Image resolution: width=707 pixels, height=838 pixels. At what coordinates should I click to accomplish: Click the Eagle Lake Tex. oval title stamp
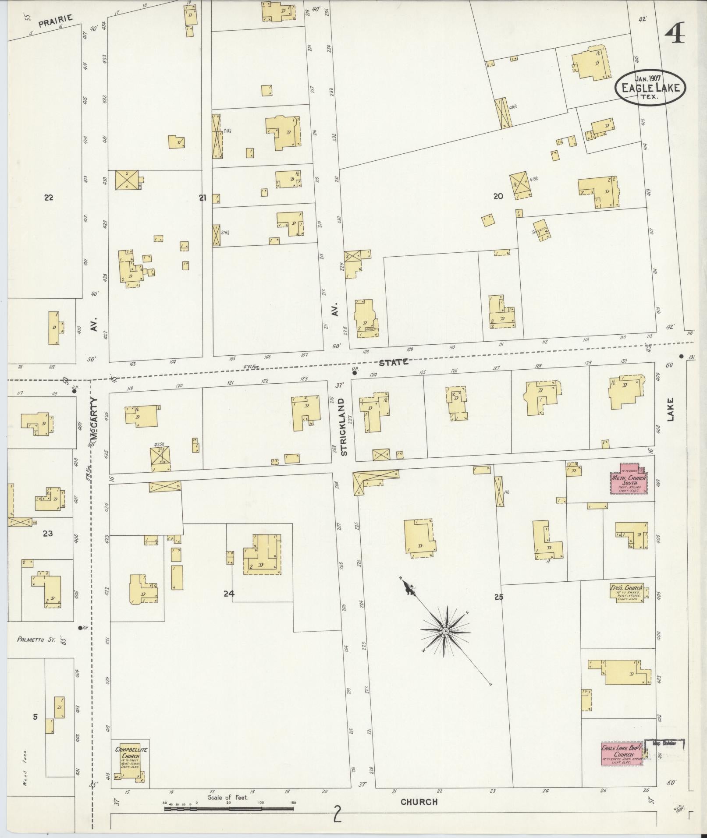pos(650,87)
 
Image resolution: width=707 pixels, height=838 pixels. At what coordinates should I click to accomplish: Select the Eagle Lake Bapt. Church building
pos(622,753)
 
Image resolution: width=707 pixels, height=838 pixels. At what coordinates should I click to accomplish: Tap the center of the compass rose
pos(445,631)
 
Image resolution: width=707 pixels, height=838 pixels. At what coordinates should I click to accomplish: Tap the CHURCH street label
pos(419,802)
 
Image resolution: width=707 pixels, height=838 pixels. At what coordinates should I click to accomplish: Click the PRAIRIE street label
pos(55,21)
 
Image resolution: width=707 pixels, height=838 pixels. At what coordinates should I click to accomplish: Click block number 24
pos(229,594)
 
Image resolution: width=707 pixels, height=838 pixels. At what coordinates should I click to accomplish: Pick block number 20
pos(498,196)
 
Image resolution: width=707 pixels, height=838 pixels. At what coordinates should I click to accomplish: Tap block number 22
pos(49,198)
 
